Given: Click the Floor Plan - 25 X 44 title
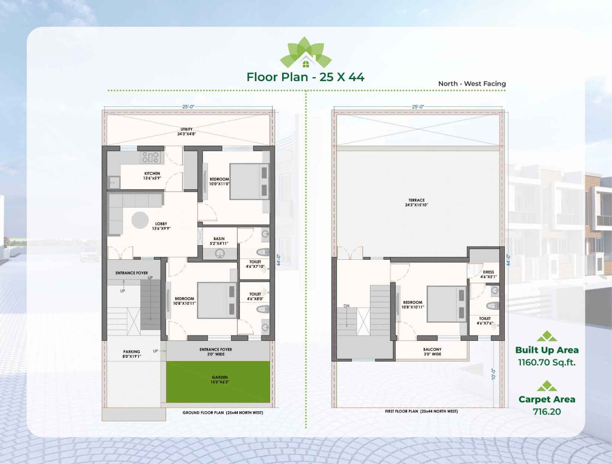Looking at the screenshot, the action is [x=305, y=77].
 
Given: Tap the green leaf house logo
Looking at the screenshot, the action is [x=306, y=52].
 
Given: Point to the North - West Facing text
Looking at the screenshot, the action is [x=472, y=84].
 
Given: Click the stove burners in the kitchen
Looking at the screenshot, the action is [x=150, y=157].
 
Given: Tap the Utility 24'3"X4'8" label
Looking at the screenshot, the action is [x=187, y=132].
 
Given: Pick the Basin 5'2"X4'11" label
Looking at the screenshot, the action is [x=219, y=241].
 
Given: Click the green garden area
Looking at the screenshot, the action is [x=218, y=382].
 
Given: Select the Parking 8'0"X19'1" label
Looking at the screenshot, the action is [x=132, y=354].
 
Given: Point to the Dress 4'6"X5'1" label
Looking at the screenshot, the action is [x=488, y=274].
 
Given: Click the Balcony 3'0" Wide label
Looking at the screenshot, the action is [x=433, y=352].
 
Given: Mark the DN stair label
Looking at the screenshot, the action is [x=346, y=306].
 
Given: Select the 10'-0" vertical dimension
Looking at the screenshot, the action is [x=493, y=374].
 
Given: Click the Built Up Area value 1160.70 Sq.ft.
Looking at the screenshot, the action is [x=547, y=362].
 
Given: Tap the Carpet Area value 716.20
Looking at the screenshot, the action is [x=547, y=412].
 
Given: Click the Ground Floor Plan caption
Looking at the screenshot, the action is [x=223, y=413].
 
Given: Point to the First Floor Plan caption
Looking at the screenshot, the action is [x=421, y=411].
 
